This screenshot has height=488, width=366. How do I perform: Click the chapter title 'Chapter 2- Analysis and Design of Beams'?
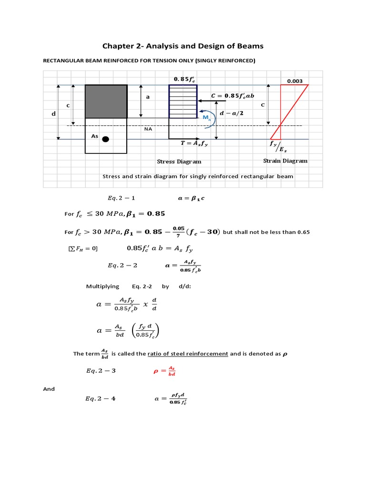pyautogui.click(x=183, y=46)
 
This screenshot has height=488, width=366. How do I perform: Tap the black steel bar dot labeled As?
pyautogui.click(x=106, y=139)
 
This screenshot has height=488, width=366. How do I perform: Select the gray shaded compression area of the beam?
pyautogui.click(x=106, y=101)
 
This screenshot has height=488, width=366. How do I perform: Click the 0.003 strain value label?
pyautogui.click(x=295, y=81)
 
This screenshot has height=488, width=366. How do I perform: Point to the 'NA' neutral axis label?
pyautogui.click(x=149, y=129)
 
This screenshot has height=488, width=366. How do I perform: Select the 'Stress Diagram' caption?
pyautogui.click(x=179, y=162)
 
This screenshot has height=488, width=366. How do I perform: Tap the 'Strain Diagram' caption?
pyautogui.click(x=285, y=161)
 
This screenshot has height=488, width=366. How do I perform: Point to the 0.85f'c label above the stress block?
pyautogui.click(x=183, y=79)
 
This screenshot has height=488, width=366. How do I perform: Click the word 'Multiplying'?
pyautogui.click(x=102, y=286)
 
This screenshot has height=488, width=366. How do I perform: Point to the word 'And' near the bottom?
pyautogui.click(x=49, y=389)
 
